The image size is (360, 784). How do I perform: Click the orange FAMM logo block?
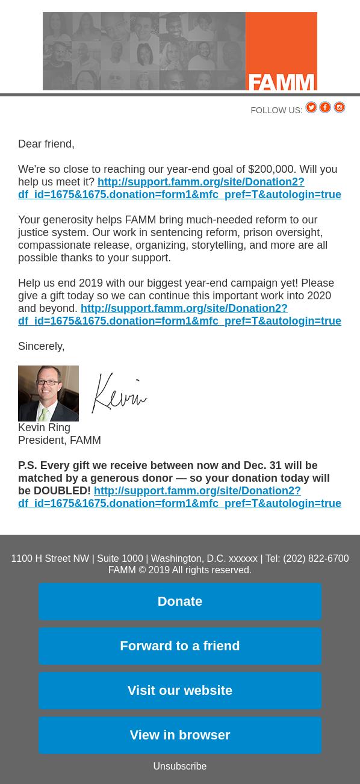281,51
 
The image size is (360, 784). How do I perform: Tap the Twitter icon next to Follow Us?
311,107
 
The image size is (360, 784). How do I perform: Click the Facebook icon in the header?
325,107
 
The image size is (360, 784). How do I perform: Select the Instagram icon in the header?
340,107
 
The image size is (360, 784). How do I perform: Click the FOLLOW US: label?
276,110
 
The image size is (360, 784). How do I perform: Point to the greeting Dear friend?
46,144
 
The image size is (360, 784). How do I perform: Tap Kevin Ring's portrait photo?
48,393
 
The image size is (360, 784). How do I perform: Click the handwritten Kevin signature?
119,393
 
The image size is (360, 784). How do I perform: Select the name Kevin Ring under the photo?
44,428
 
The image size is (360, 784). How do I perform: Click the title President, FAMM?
60,440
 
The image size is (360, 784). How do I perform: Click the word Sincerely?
41,346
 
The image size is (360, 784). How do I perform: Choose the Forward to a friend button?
179,646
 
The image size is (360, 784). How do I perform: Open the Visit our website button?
179,690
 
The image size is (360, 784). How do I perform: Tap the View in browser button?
179,735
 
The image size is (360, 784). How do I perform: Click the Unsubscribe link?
179,766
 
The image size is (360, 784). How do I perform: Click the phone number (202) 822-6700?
315,559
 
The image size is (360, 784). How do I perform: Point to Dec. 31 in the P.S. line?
262,465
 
